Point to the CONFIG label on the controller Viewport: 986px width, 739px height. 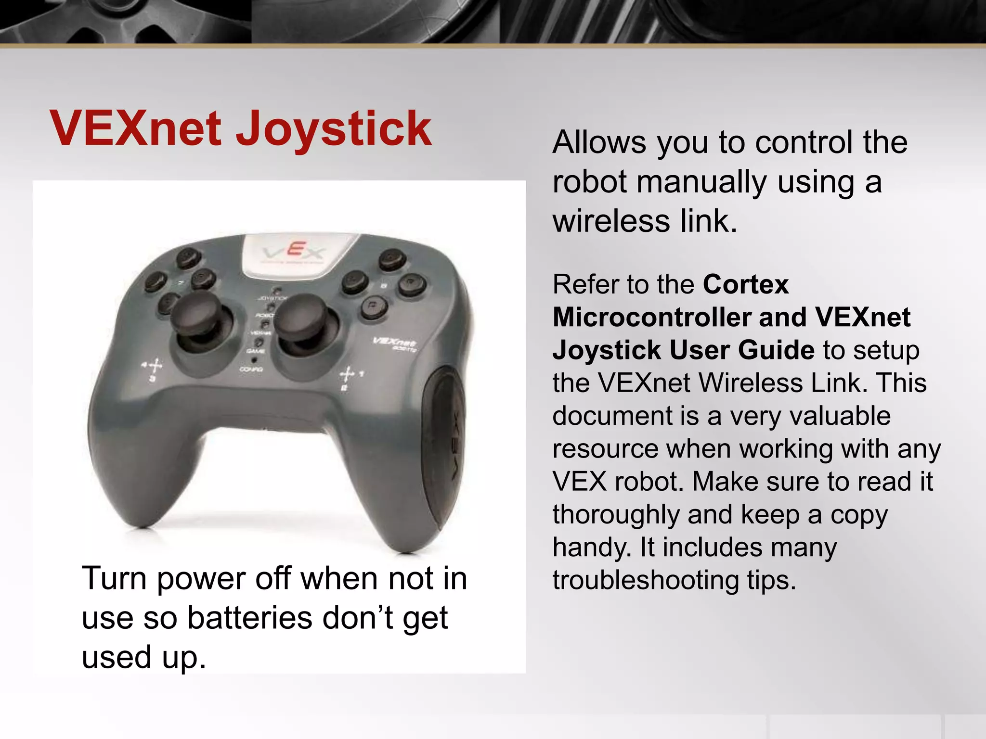[x=251, y=369]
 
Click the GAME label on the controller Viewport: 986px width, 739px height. [x=255, y=352]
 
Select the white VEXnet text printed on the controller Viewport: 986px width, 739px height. [x=394, y=343]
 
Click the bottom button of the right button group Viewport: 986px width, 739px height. [x=374, y=306]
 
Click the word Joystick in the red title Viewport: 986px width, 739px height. [x=333, y=128]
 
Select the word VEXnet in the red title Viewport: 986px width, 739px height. [x=136, y=128]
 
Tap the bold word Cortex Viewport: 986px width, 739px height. [x=745, y=285]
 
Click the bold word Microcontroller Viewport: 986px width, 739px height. [x=651, y=318]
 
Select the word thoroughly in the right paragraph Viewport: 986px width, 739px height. [x=616, y=515]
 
